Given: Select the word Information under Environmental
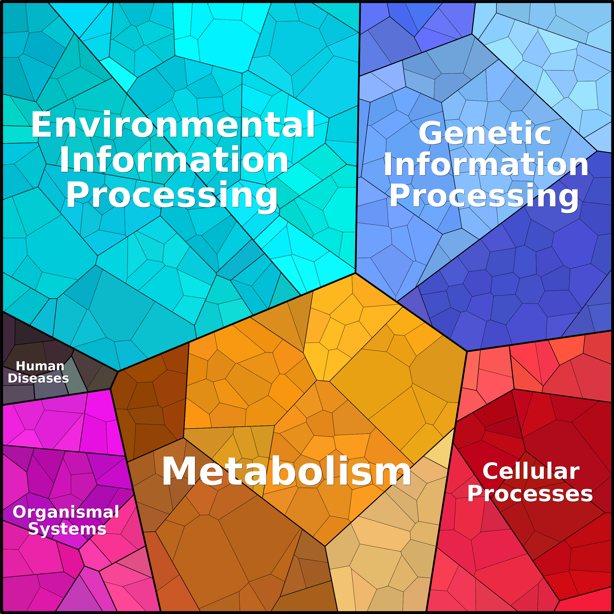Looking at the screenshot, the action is [174, 160].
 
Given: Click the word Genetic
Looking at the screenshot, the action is [485, 133].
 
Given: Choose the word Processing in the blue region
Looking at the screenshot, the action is [484, 197].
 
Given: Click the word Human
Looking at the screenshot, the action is [40, 366].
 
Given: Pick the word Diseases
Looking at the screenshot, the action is [38, 378].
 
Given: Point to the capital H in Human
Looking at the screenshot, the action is [21, 366].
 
